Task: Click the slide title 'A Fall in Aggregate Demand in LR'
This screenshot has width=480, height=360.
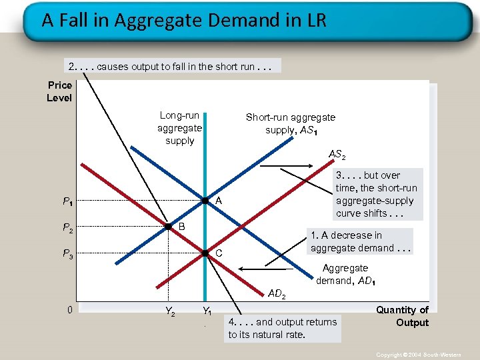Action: coord(184,20)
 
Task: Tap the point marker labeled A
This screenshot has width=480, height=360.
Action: coord(206,200)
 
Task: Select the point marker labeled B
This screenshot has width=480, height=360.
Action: coord(169,227)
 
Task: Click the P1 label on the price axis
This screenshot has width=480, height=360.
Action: coord(68,201)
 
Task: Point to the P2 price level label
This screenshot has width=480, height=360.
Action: coord(68,228)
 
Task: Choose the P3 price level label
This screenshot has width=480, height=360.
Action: coord(68,253)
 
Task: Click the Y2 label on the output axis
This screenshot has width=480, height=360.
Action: coord(170,311)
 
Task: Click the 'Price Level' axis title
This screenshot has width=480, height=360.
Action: coord(59,91)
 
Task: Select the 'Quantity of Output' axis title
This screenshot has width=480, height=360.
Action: coord(402,316)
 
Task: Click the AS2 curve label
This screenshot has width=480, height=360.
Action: coord(337,155)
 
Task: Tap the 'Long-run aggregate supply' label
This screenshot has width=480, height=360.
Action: coord(179,128)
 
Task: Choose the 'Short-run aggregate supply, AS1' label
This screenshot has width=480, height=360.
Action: coord(290,123)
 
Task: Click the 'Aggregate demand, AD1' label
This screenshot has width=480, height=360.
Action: coord(345,274)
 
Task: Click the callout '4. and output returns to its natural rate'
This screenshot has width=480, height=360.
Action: coord(283,328)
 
